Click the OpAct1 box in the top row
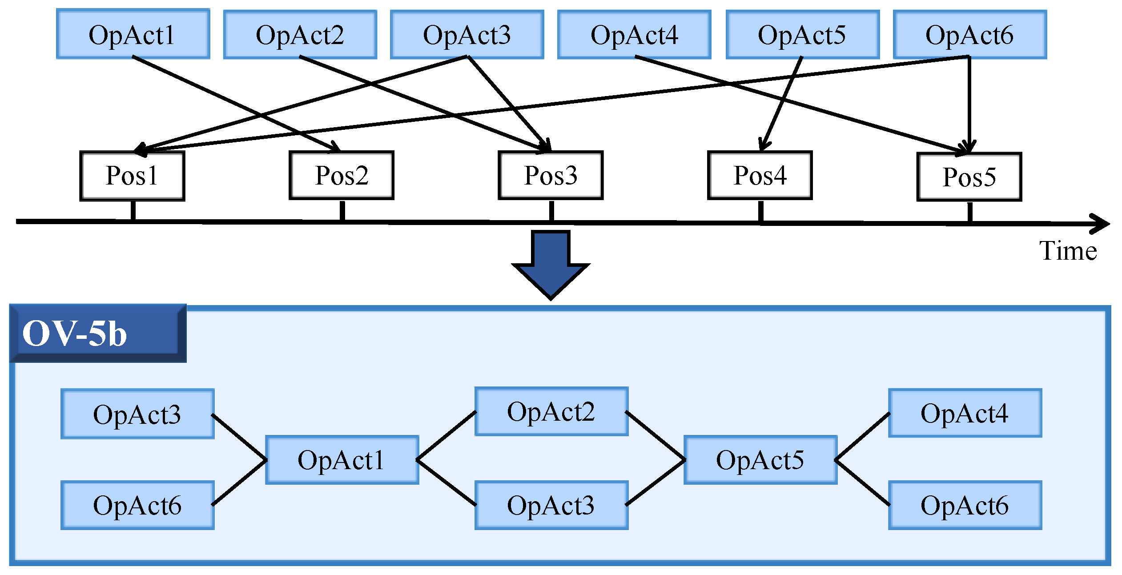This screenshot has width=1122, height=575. click(x=133, y=34)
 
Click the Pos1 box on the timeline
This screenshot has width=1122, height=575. click(x=132, y=176)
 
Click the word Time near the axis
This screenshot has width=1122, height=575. click(x=1067, y=251)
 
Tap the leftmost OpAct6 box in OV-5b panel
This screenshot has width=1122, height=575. click(x=137, y=506)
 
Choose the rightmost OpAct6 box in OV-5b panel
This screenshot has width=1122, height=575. click(x=965, y=506)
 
